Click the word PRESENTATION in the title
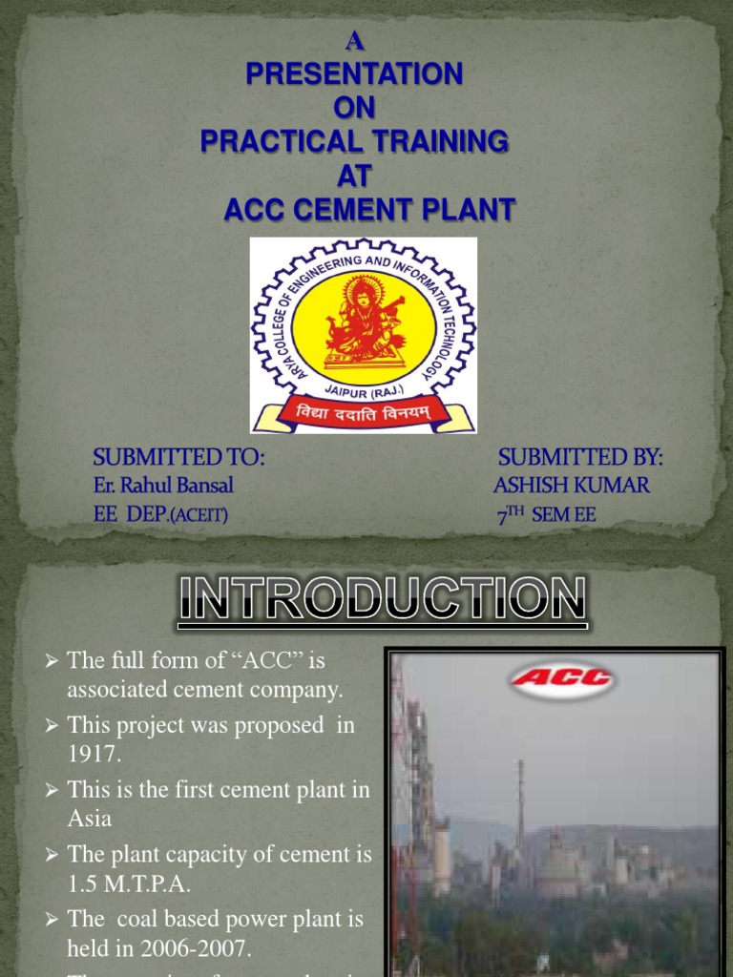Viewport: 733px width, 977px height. tap(354, 73)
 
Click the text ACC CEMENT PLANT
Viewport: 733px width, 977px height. tap(369, 208)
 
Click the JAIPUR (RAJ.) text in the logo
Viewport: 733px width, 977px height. tap(364, 388)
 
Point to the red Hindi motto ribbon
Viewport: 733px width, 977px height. tap(364, 413)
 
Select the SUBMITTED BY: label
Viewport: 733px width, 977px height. tap(579, 458)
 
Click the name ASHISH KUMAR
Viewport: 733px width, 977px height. tap(571, 486)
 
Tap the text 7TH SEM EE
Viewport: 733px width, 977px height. tap(546, 515)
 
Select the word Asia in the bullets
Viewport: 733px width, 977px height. tap(90, 818)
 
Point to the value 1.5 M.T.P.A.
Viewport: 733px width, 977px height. tap(127, 883)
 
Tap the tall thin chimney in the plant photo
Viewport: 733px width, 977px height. tap(519, 801)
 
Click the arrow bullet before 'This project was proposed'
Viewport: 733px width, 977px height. tap(53, 726)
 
